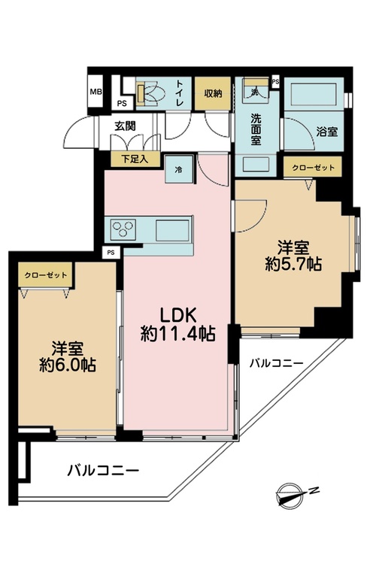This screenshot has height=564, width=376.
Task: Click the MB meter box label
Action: click(96, 92)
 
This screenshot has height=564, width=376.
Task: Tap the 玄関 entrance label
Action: click(125, 126)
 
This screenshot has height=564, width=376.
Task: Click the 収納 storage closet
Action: click(213, 93)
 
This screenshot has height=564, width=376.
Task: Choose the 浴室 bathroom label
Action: click(326, 132)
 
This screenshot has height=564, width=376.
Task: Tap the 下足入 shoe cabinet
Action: click(135, 159)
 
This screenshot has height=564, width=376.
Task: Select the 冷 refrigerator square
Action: click(179, 169)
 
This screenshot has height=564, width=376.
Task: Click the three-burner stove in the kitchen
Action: click(123, 229)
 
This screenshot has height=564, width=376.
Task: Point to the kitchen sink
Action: click(172, 231)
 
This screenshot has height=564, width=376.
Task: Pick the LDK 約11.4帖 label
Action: click(177, 324)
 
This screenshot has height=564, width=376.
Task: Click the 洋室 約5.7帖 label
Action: click(293, 256)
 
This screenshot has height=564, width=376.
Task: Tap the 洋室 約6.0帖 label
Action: click(67, 356)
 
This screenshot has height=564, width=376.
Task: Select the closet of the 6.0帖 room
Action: click(46, 275)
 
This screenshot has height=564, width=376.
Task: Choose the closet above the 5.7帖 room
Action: click(312, 167)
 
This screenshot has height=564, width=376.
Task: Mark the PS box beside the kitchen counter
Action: click(111, 253)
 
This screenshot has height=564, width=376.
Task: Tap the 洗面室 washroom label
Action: click(256, 129)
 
